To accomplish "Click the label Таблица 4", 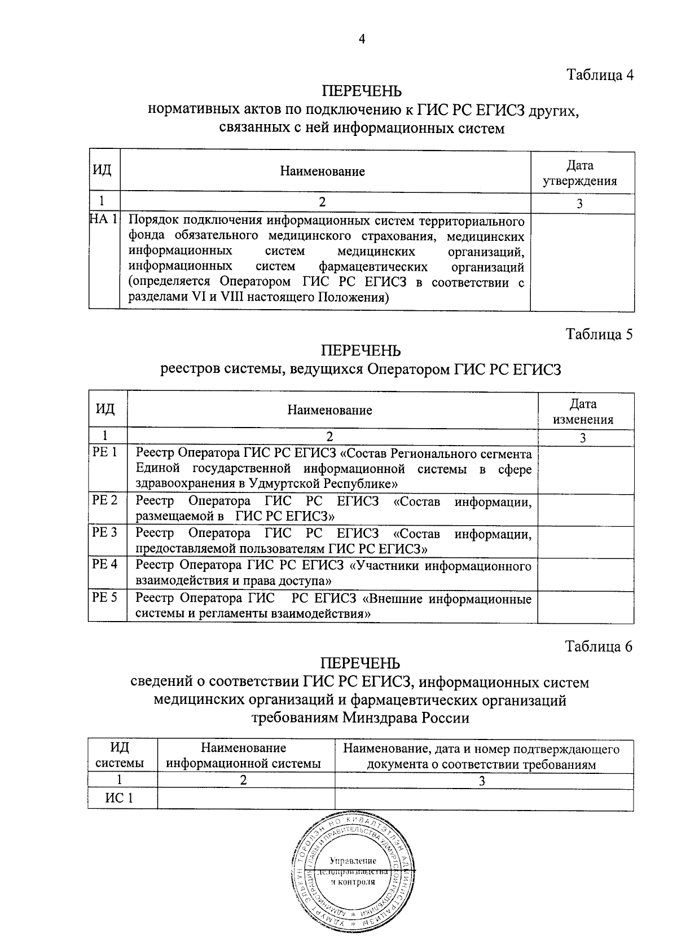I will click(x=600, y=74).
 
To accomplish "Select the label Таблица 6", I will click(x=599, y=646).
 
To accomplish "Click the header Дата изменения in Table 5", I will click(x=583, y=412).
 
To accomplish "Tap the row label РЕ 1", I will click(x=104, y=453).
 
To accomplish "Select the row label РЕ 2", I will click(x=105, y=500).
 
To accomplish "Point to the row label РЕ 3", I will click(x=105, y=532).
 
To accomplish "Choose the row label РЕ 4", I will click(x=105, y=564).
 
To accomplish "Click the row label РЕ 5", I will click(x=105, y=597).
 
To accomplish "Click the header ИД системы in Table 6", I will click(x=119, y=756).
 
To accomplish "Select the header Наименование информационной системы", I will click(x=244, y=756).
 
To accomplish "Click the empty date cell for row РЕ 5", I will click(x=585, y=606).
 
